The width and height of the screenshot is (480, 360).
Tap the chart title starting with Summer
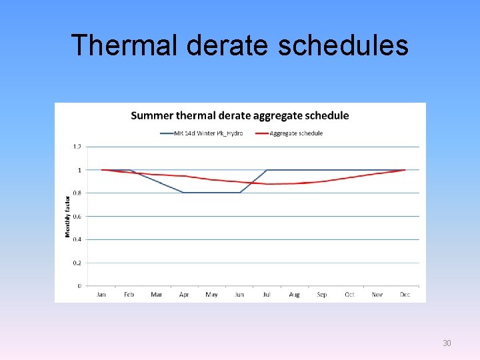[239, 115]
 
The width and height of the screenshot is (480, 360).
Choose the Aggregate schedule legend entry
[296, 133]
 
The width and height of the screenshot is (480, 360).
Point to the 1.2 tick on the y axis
[77, 147]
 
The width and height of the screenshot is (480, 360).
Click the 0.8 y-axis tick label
[77, 193]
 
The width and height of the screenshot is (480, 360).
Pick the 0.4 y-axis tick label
[77, 239]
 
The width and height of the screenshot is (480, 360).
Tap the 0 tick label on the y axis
[79, 286]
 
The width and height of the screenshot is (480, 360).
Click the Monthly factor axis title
[67, 216]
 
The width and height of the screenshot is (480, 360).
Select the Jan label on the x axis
[101, 295]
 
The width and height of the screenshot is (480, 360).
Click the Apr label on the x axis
[184, 295]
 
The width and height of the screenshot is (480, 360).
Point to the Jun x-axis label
[239, 295]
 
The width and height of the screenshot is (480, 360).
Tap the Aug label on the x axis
[295, 295]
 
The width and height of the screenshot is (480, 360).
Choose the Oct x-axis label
[349, 295]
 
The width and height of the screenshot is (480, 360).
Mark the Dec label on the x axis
[405, 295]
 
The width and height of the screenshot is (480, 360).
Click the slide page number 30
[447, 343]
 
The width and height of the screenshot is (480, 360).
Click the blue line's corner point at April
[184, 193]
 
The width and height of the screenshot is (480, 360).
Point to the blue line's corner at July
[267, 170]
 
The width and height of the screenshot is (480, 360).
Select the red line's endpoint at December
[405, 170]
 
